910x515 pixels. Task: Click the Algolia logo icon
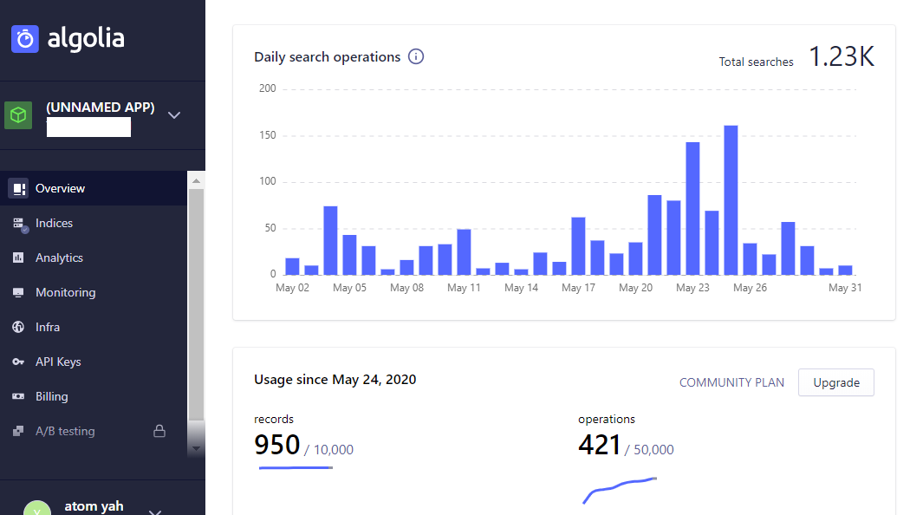[x=25, y=39]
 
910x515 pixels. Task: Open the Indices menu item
[x=54, y=223]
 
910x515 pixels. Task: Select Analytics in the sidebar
[x=59, y=257]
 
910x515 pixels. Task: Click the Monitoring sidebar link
[x=65, y=292]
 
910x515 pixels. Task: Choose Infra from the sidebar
[x=48, y=327]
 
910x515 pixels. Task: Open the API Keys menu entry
[x=58, y=362]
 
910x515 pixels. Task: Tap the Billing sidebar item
[x=51, y=396]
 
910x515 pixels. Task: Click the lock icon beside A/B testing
[x=159, y=431]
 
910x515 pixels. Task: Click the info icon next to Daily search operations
[x=416, y=57]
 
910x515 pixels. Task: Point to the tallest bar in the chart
[x=731, y=199]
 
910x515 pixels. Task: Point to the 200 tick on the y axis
[x=267, y=88]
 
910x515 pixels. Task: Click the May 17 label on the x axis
[x=578, y=288]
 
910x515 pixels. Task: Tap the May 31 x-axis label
[x=845, y=288]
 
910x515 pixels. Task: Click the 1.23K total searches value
[x=842, y=57]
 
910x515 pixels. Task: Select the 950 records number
[x=276, y=445]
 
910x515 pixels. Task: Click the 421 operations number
[x=600, y=445]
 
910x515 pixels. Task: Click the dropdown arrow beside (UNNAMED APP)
[x=174, y=115]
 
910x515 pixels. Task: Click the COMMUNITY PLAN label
[x=731, y=382]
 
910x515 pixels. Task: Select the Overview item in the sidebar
[x=60, y=188]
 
